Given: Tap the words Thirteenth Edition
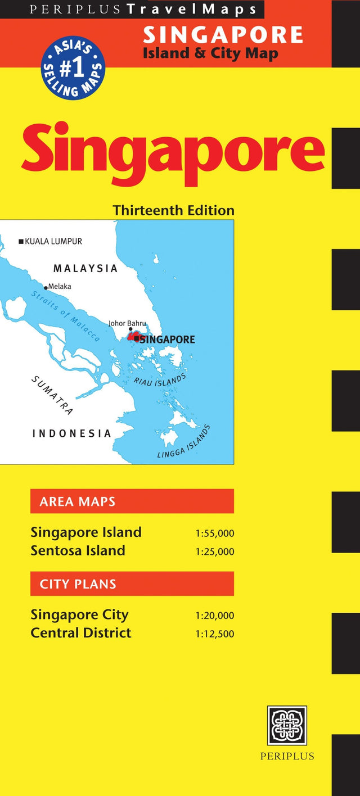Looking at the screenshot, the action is click(173, 210).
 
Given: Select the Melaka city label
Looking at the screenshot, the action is click(59, 286).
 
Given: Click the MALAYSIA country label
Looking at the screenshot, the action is click(85, 268).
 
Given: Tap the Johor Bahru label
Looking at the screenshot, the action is click(127, 323).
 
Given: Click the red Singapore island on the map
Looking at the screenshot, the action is click(133, 337).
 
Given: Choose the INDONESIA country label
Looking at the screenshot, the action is click(71, 433).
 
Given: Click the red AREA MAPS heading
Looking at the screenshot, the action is click(132, 501).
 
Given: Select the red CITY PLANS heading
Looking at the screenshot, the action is click(132, 584).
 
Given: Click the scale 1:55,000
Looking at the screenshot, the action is click(215, 533).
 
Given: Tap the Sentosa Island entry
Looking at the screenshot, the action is click(78, 550).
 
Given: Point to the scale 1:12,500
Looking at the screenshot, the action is click(215, 634).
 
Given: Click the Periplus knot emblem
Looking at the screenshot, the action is click(287, 726).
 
